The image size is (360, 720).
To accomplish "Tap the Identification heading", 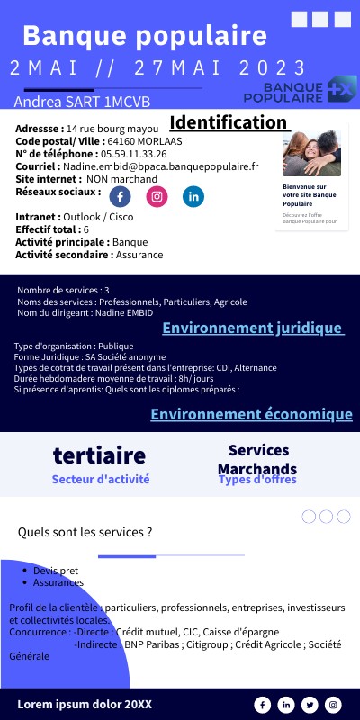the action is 229,122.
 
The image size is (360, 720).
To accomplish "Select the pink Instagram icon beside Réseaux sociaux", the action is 157,196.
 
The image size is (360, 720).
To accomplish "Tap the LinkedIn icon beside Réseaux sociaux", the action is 193,196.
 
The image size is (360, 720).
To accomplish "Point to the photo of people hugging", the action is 311,152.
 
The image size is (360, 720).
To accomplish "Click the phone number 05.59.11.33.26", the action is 127,154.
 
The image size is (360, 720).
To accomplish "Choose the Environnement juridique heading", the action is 253,328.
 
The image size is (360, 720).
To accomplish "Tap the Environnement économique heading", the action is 251,414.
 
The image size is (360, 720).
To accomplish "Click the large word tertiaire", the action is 99,454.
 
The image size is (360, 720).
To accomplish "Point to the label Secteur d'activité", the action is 101,480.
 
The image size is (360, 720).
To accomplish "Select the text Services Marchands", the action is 257,458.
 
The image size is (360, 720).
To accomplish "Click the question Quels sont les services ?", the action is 85,532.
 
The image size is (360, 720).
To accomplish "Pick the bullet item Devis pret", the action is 56,571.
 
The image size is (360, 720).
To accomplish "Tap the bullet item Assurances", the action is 58,582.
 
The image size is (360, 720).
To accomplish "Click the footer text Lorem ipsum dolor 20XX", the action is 85,704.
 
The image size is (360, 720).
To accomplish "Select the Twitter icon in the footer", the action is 310,705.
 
